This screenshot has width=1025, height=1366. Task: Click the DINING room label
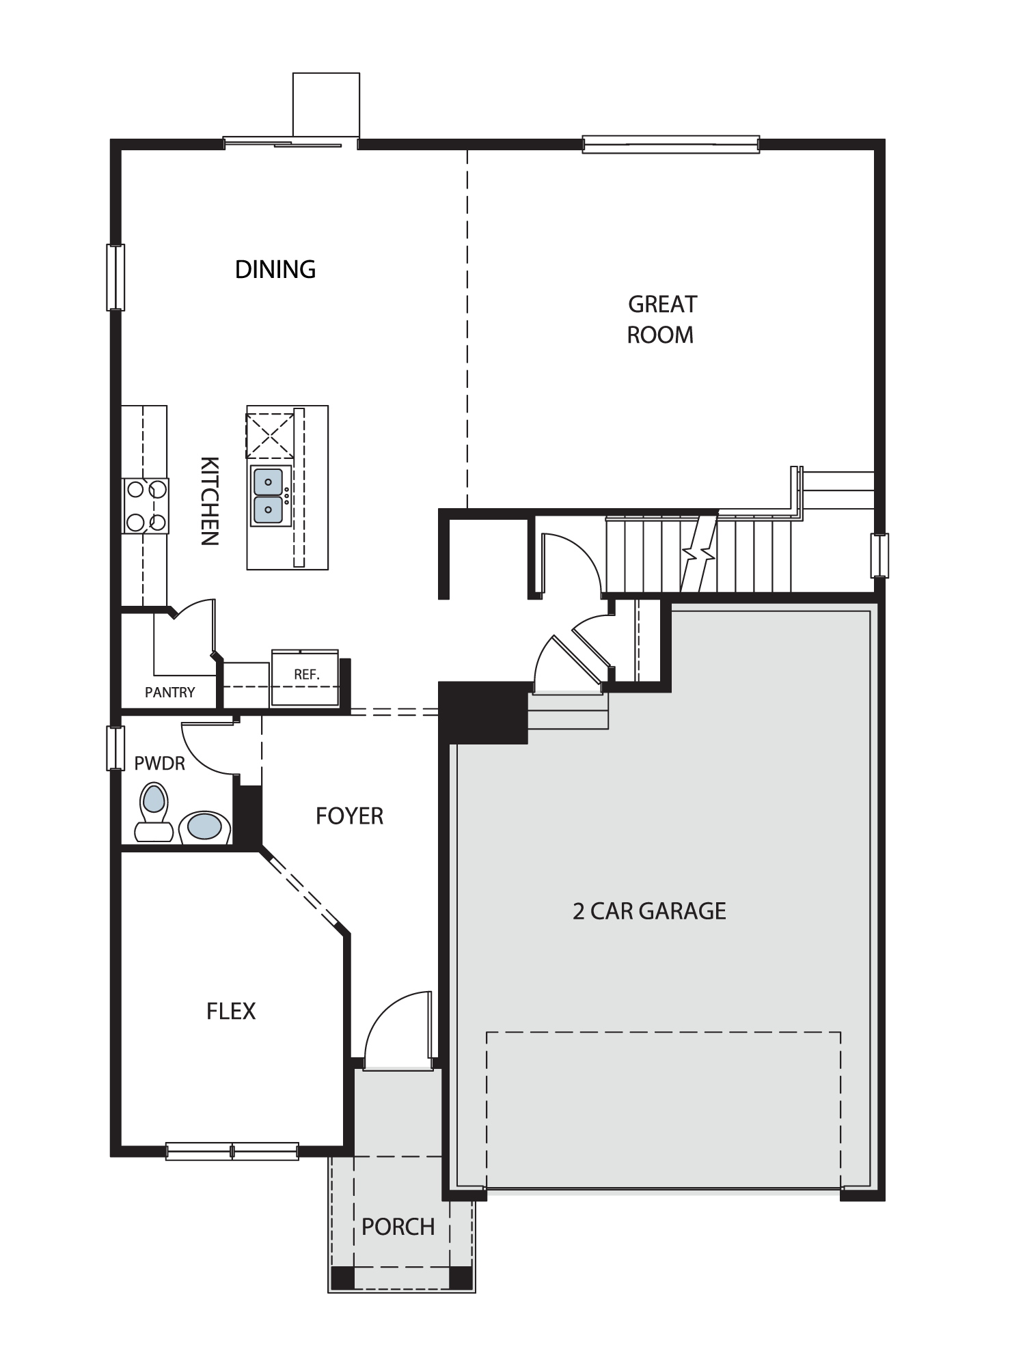(275, 270)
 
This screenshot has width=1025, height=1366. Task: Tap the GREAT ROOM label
(661, 319)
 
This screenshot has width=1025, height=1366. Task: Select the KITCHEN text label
(209, 501)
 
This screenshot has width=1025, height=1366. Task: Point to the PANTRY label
(170, 693)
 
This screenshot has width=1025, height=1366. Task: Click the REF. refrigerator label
(307, 674)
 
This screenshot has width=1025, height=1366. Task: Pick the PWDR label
(160, 763)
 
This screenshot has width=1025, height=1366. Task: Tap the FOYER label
(349, 816)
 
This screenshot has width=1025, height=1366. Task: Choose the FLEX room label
(231, 1011)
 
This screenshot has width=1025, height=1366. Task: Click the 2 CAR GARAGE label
(649, 910)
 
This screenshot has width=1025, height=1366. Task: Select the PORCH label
(398, 1227)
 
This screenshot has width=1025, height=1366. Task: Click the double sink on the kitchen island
(269, 495)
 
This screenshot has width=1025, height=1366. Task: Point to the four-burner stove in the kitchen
(146, 505)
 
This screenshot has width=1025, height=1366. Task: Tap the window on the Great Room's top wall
(671, 144)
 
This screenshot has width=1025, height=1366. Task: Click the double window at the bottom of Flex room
(232, 1151)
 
